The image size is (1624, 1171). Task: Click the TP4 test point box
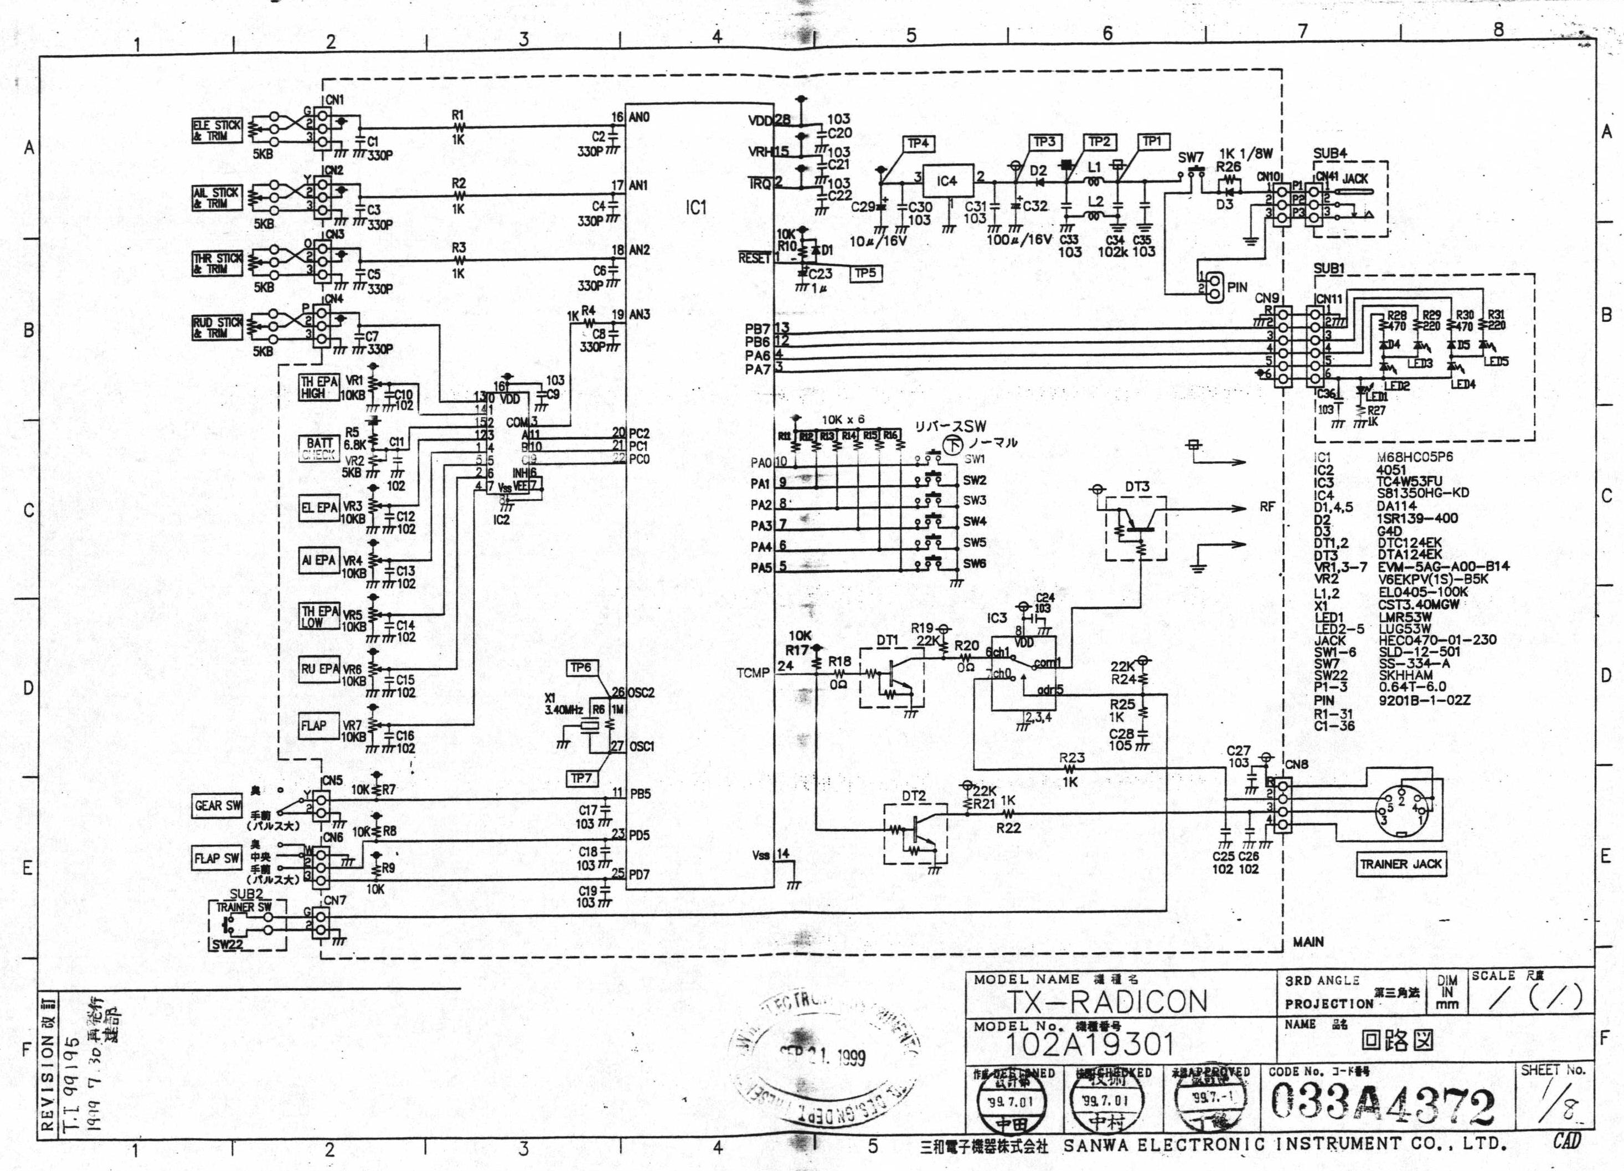tap(918, 144)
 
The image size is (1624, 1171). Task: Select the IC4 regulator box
tap(947, 181)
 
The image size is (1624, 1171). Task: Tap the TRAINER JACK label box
tap(1401, 864)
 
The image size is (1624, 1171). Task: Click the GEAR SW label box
tap(218, 806)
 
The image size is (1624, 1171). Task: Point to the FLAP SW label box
tap(217, 858)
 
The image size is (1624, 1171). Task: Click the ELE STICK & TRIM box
tap(217, 130)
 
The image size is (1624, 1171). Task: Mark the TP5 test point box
tap(865, 273)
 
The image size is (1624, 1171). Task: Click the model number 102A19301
tap(1090, 1045)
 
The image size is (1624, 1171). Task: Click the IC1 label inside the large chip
tap(696, 208)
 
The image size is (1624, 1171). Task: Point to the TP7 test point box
tap(581, 778)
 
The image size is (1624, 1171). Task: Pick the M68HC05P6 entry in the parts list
tap(1414, 457)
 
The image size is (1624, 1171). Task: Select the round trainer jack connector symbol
tap(1402, 814)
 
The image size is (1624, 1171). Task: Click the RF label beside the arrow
tap(1267, 507)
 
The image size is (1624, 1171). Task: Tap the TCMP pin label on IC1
tap(752, 673)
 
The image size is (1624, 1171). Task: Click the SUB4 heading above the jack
tap(1329, 153)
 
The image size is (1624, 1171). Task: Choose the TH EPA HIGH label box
tap(319, 387)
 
